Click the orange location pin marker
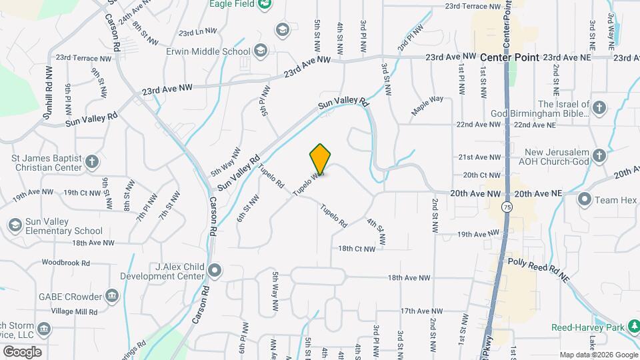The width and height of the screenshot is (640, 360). [x=320, y=159]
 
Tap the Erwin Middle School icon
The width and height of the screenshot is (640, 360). [x=260, y=51]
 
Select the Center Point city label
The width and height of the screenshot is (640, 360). [x=510, y=57]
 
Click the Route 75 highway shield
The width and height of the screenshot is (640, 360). [x=509, y=207]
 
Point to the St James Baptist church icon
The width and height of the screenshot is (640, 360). [x=92, y=161]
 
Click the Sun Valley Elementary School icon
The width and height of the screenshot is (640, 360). [x=15, y=225]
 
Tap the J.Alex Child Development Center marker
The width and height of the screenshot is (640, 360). [x=215, y=270]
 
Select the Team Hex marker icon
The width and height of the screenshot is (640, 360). [x=585, y=199]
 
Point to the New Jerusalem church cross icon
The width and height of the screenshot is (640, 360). [x=599, y=157]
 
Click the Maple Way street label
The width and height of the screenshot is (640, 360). [x=427, y=106]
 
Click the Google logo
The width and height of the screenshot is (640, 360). [x=22, y=351]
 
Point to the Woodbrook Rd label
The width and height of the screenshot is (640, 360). [x=65, y=263]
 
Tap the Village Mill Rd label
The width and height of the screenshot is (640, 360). [x=75, y=311]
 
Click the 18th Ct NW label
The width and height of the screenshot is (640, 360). [x=361, y=249]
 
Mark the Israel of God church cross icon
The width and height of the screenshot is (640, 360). [x=599, y=107]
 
